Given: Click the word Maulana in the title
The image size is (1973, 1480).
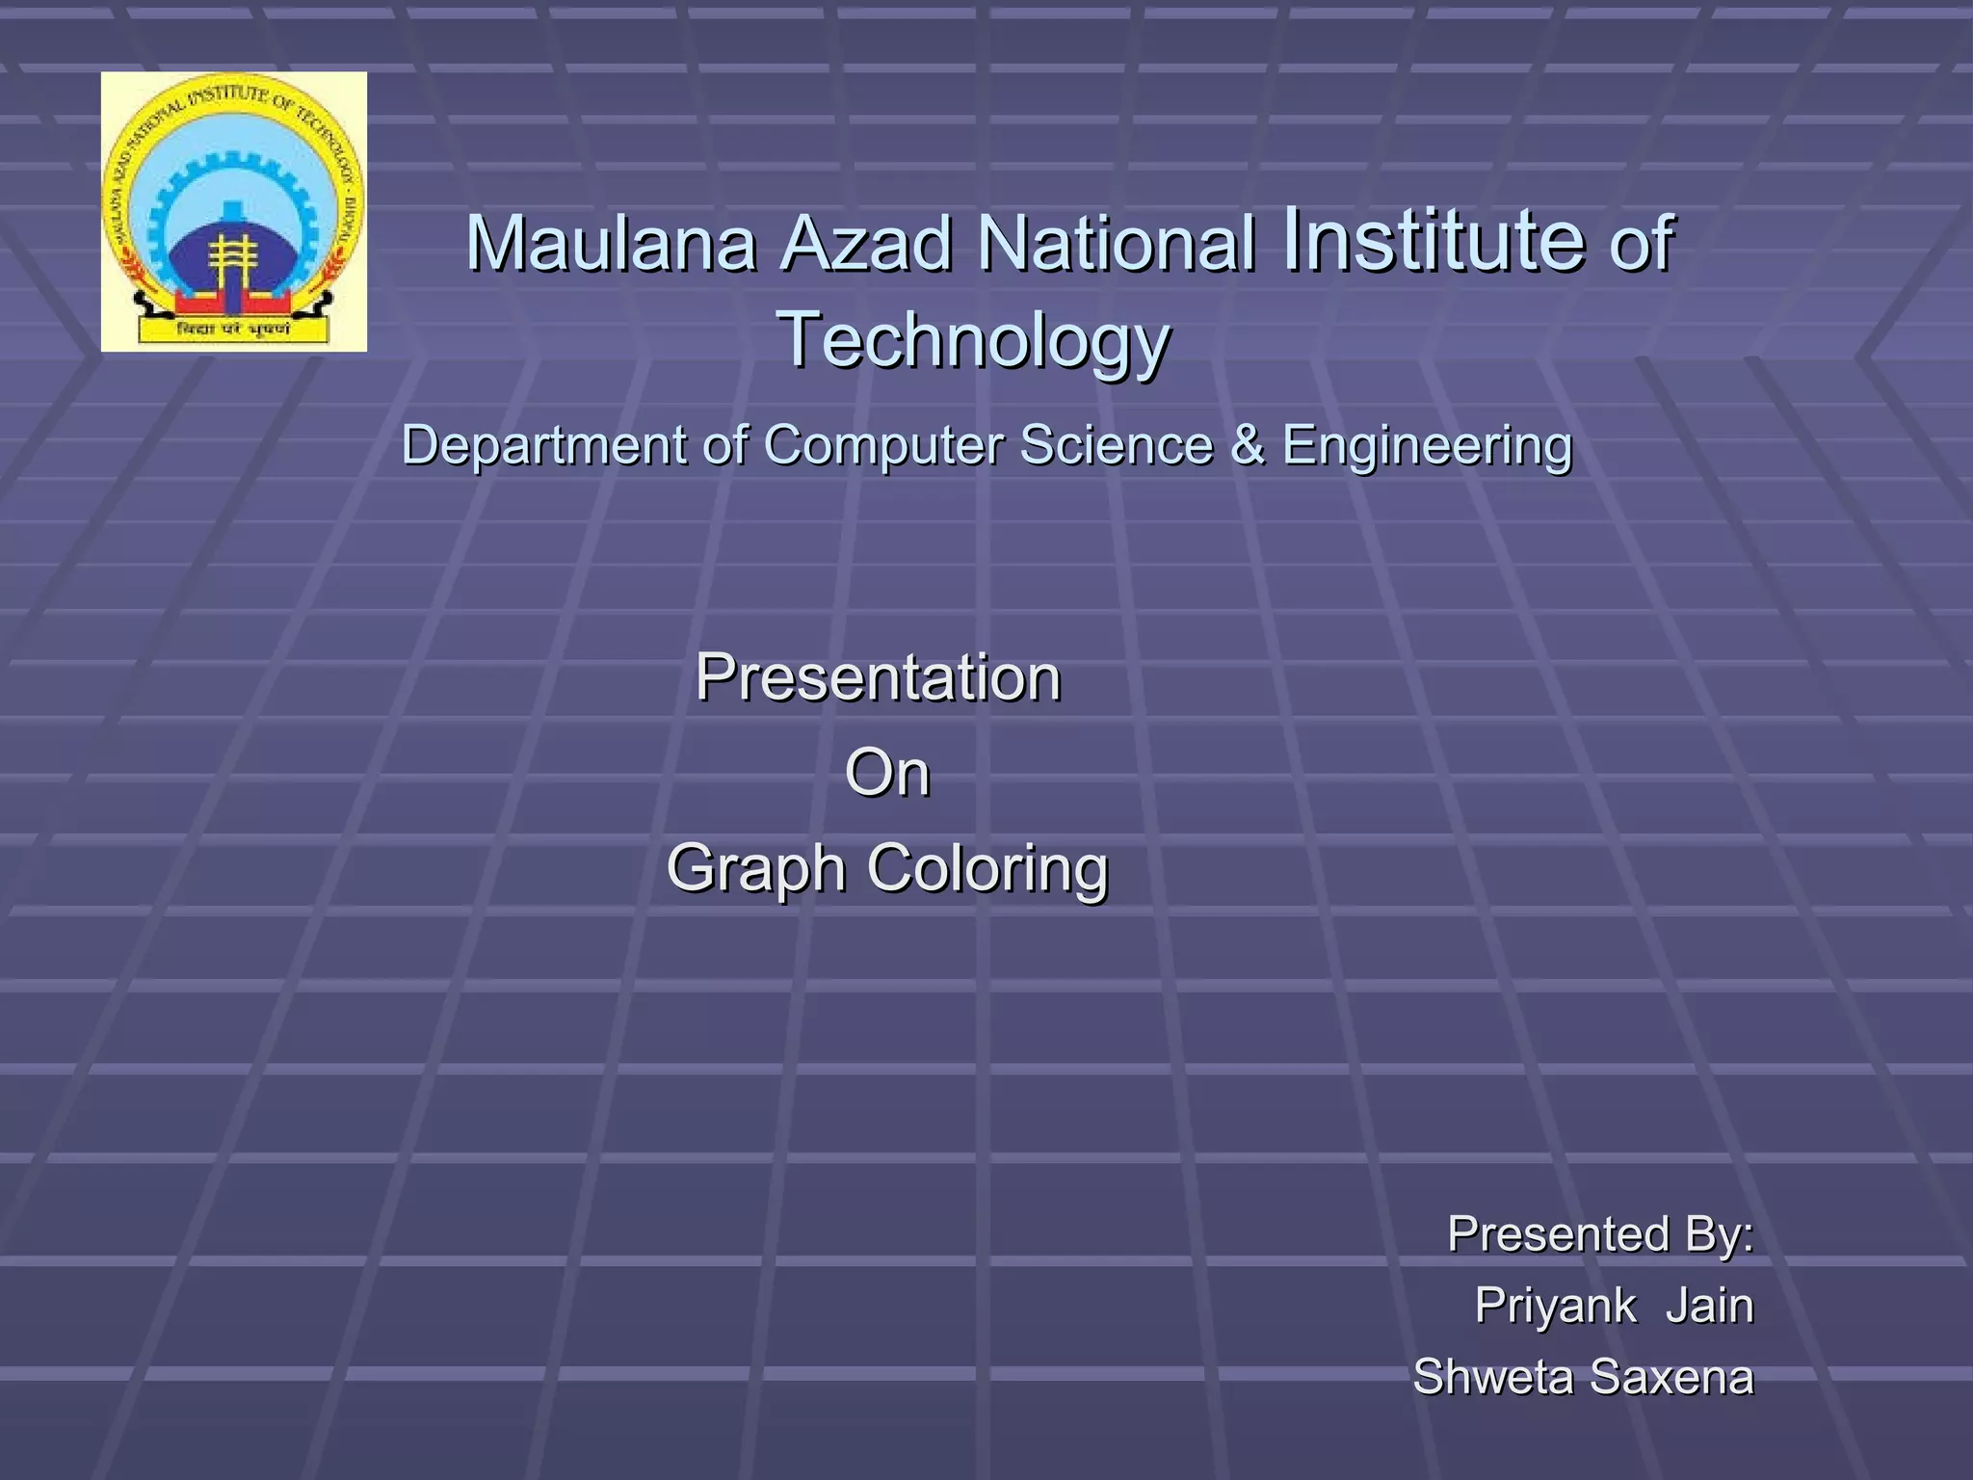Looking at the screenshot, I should tap(611, 244).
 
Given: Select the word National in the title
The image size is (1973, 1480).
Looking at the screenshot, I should tap(1116, 244).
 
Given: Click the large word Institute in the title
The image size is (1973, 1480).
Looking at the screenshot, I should tap(1434, 238).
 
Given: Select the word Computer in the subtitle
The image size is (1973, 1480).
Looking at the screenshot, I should tap(883, 446).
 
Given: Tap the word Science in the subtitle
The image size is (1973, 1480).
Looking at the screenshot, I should tap(1116, 446).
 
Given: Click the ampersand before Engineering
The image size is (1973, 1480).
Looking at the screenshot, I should tap(1248, 446).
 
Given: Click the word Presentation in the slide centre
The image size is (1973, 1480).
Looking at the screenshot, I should tap(878, 677).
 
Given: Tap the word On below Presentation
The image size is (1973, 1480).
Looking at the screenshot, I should tap(887, 773).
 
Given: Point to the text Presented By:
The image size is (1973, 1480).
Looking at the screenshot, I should tap(1599, 1234).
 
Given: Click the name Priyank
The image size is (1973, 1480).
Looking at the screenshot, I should tap(1554, 1307).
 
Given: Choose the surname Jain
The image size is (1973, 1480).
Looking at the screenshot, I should tap(1709, 1307).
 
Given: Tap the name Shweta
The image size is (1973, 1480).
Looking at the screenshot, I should tap(1492, 1377).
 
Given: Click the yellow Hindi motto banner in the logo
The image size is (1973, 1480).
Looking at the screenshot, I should tap(233, 330).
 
